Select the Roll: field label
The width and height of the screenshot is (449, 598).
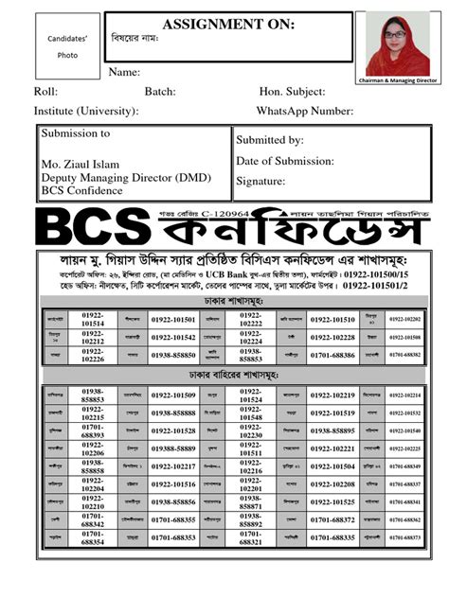pos(45,92)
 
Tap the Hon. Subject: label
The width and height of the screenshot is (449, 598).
pos(292,92)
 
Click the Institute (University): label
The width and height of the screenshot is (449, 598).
pos(86,112)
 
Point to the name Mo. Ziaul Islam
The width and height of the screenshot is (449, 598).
pos(82,165)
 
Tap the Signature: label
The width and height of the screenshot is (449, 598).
pos(260,180)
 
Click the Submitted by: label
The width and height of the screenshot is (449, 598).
pos(269,140)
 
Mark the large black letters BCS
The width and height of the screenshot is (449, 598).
pos(89,228)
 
